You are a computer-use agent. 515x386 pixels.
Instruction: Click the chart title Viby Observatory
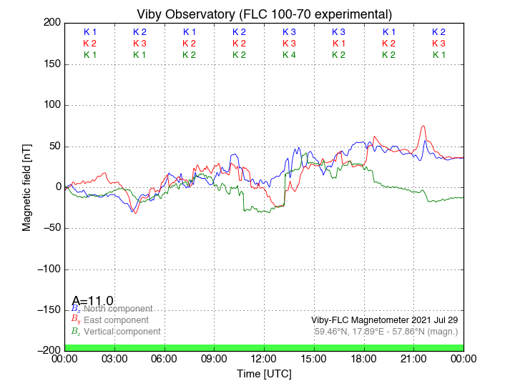point(264,14)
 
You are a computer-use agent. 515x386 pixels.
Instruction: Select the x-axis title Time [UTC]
point(264,374)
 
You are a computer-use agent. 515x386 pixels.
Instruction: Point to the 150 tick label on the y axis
point(50,64)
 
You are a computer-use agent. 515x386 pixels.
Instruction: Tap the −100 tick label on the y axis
point(46,269)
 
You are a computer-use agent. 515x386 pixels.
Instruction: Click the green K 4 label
point(289,55)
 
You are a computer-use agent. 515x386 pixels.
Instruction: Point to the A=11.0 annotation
point(93,301)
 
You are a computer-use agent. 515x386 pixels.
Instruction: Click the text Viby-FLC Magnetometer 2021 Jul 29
point(385,320)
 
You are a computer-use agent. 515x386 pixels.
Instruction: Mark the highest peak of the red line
point(423,127)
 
